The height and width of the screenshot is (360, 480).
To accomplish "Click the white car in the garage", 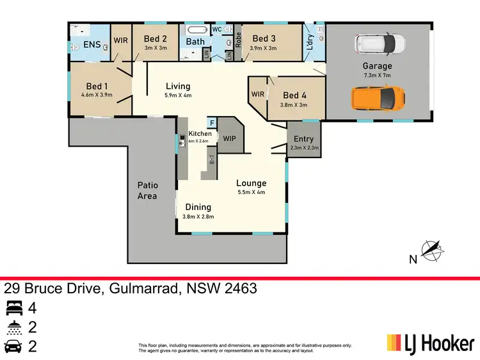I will (x=381, y=44).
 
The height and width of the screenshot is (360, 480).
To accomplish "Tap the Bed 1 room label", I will (x=97, y=86).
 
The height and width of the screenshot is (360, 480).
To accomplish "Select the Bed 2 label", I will (x=156, y=39).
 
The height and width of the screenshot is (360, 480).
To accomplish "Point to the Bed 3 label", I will (x=264, y=39).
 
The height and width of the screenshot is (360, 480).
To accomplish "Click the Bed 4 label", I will (x=294, y=97).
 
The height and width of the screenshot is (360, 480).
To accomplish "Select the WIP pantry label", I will (x=229, y=138).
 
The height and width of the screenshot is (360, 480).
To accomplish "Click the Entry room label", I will (x=303, y=139).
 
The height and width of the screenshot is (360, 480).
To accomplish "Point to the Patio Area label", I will (x=147, y=190).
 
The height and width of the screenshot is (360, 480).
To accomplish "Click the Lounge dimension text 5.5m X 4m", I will (x=251, y=192).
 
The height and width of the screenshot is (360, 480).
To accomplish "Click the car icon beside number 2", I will (x=13, y=347).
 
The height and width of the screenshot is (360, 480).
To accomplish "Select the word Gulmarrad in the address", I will (x=143, y=288).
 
